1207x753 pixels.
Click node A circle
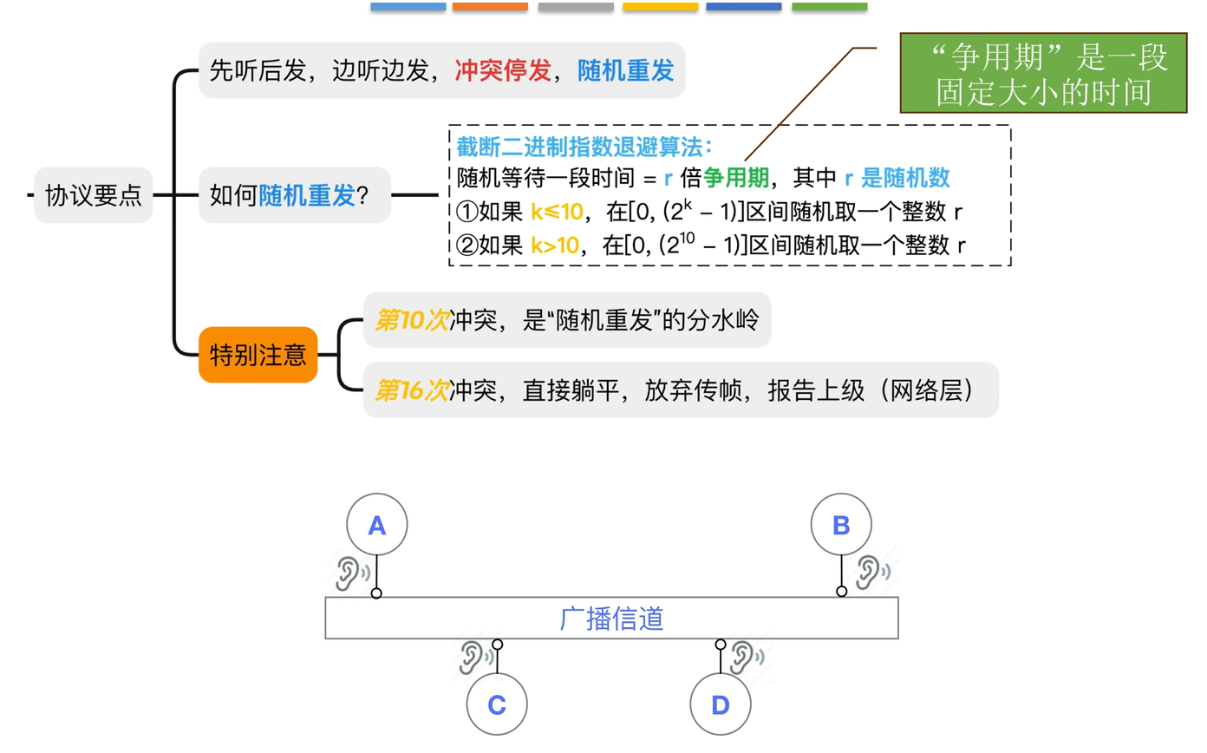(376, 525)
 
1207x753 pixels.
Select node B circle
(841, 525)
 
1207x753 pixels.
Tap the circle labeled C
(497, 705)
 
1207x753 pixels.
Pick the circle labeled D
(721, 705)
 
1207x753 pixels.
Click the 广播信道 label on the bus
(611, 619)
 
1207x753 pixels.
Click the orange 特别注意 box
(258, 354)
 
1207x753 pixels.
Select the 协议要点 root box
(94, 196)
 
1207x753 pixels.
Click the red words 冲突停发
(504, 71)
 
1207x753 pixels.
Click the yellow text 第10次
(412, 321)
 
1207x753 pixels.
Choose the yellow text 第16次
(412, 391)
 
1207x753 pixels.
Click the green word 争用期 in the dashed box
(735, 179)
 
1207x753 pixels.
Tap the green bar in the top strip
(829, 7)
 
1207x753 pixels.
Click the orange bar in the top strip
(490, 7)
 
